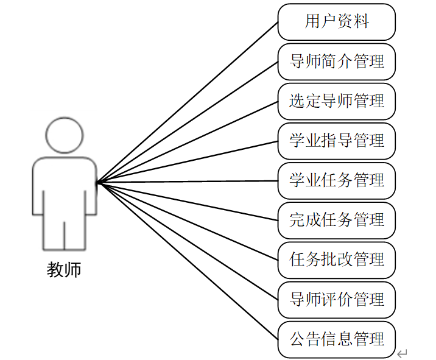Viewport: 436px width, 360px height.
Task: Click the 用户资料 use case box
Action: pos(337,22)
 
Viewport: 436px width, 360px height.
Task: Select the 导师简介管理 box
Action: pos(337,62)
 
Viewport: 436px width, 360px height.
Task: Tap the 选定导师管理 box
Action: pos(337,101)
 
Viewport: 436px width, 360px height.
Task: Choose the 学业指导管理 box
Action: pos(337,141)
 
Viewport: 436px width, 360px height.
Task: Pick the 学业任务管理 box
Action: pos(337,181)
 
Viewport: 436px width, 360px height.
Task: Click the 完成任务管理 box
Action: pos(337,220)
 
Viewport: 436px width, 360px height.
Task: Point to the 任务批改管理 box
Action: pos(337,260)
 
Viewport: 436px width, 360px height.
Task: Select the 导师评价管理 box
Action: pos(337,300)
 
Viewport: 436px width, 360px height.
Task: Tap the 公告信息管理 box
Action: pos(337,339)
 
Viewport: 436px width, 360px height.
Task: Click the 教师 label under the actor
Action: pos(63,269)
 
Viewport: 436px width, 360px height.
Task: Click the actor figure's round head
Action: pos(64,135)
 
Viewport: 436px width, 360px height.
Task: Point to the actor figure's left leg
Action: pos(53,235)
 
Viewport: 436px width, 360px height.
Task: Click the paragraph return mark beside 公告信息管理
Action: pos(402,353)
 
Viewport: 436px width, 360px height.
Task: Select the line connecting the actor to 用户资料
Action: pos(188,102)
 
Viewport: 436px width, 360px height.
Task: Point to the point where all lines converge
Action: pos(97,182)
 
